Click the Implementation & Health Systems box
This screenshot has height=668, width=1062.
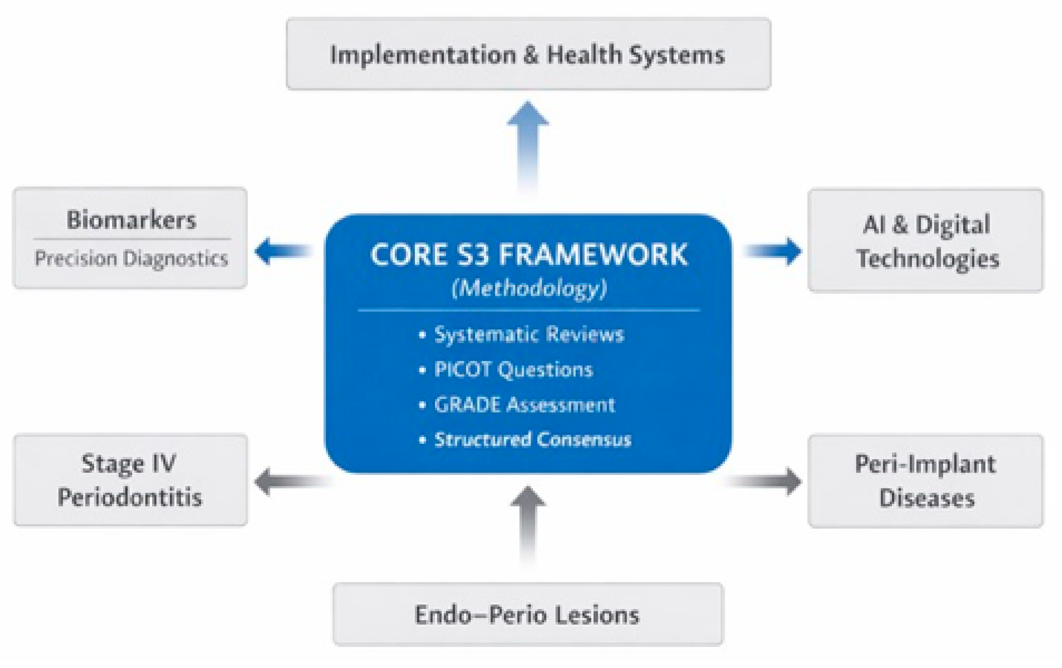(528, 54)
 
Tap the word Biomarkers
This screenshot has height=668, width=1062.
(131, 220)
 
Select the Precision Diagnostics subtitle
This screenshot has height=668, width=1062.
(131, 258)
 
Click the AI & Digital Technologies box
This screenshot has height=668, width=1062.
(925, 241)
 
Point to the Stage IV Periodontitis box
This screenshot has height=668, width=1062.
(130, 480)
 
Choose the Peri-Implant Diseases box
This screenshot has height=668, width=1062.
(925, 481)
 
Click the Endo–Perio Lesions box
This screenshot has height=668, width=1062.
(528, 615)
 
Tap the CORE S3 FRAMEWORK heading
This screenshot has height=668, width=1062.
(528, 255)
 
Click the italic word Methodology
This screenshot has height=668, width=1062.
(529, 289)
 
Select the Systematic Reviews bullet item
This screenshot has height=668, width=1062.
(528, 334)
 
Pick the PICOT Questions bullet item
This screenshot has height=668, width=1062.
(513, 369)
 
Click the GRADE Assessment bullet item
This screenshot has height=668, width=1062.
(524, 404)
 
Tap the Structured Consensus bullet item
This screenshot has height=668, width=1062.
(532, 439)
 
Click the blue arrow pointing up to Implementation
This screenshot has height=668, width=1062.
(528, 141)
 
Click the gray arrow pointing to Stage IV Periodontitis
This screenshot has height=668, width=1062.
(289, 481)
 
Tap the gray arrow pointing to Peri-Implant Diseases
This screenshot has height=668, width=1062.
(767, 481)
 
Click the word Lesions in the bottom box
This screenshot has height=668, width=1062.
(597, 615)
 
